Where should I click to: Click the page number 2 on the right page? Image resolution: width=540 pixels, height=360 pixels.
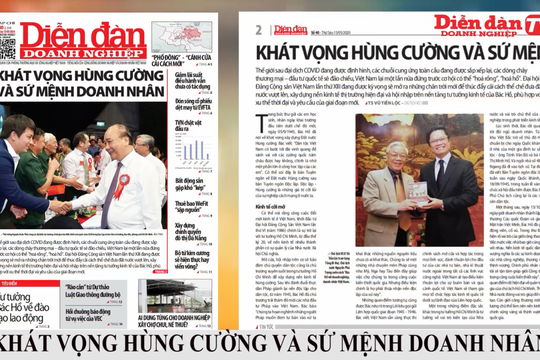(259, 29)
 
